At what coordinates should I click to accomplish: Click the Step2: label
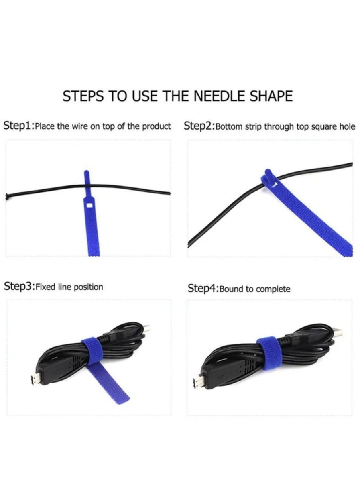pos(199,126)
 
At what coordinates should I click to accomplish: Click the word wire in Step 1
pos(79,126)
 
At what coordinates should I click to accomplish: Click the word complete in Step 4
pos(273,289)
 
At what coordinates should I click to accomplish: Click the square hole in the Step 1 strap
pos(89,205)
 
